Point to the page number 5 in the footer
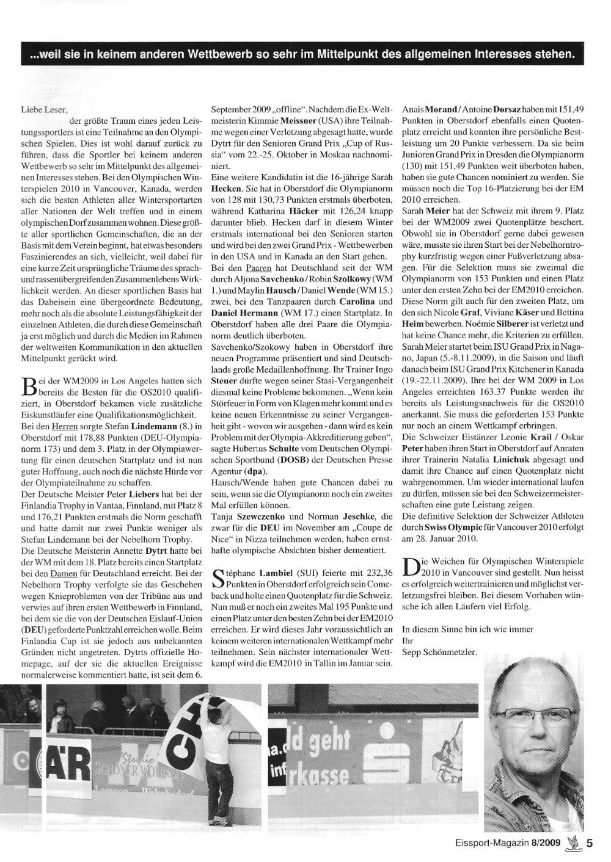[590, 843]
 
